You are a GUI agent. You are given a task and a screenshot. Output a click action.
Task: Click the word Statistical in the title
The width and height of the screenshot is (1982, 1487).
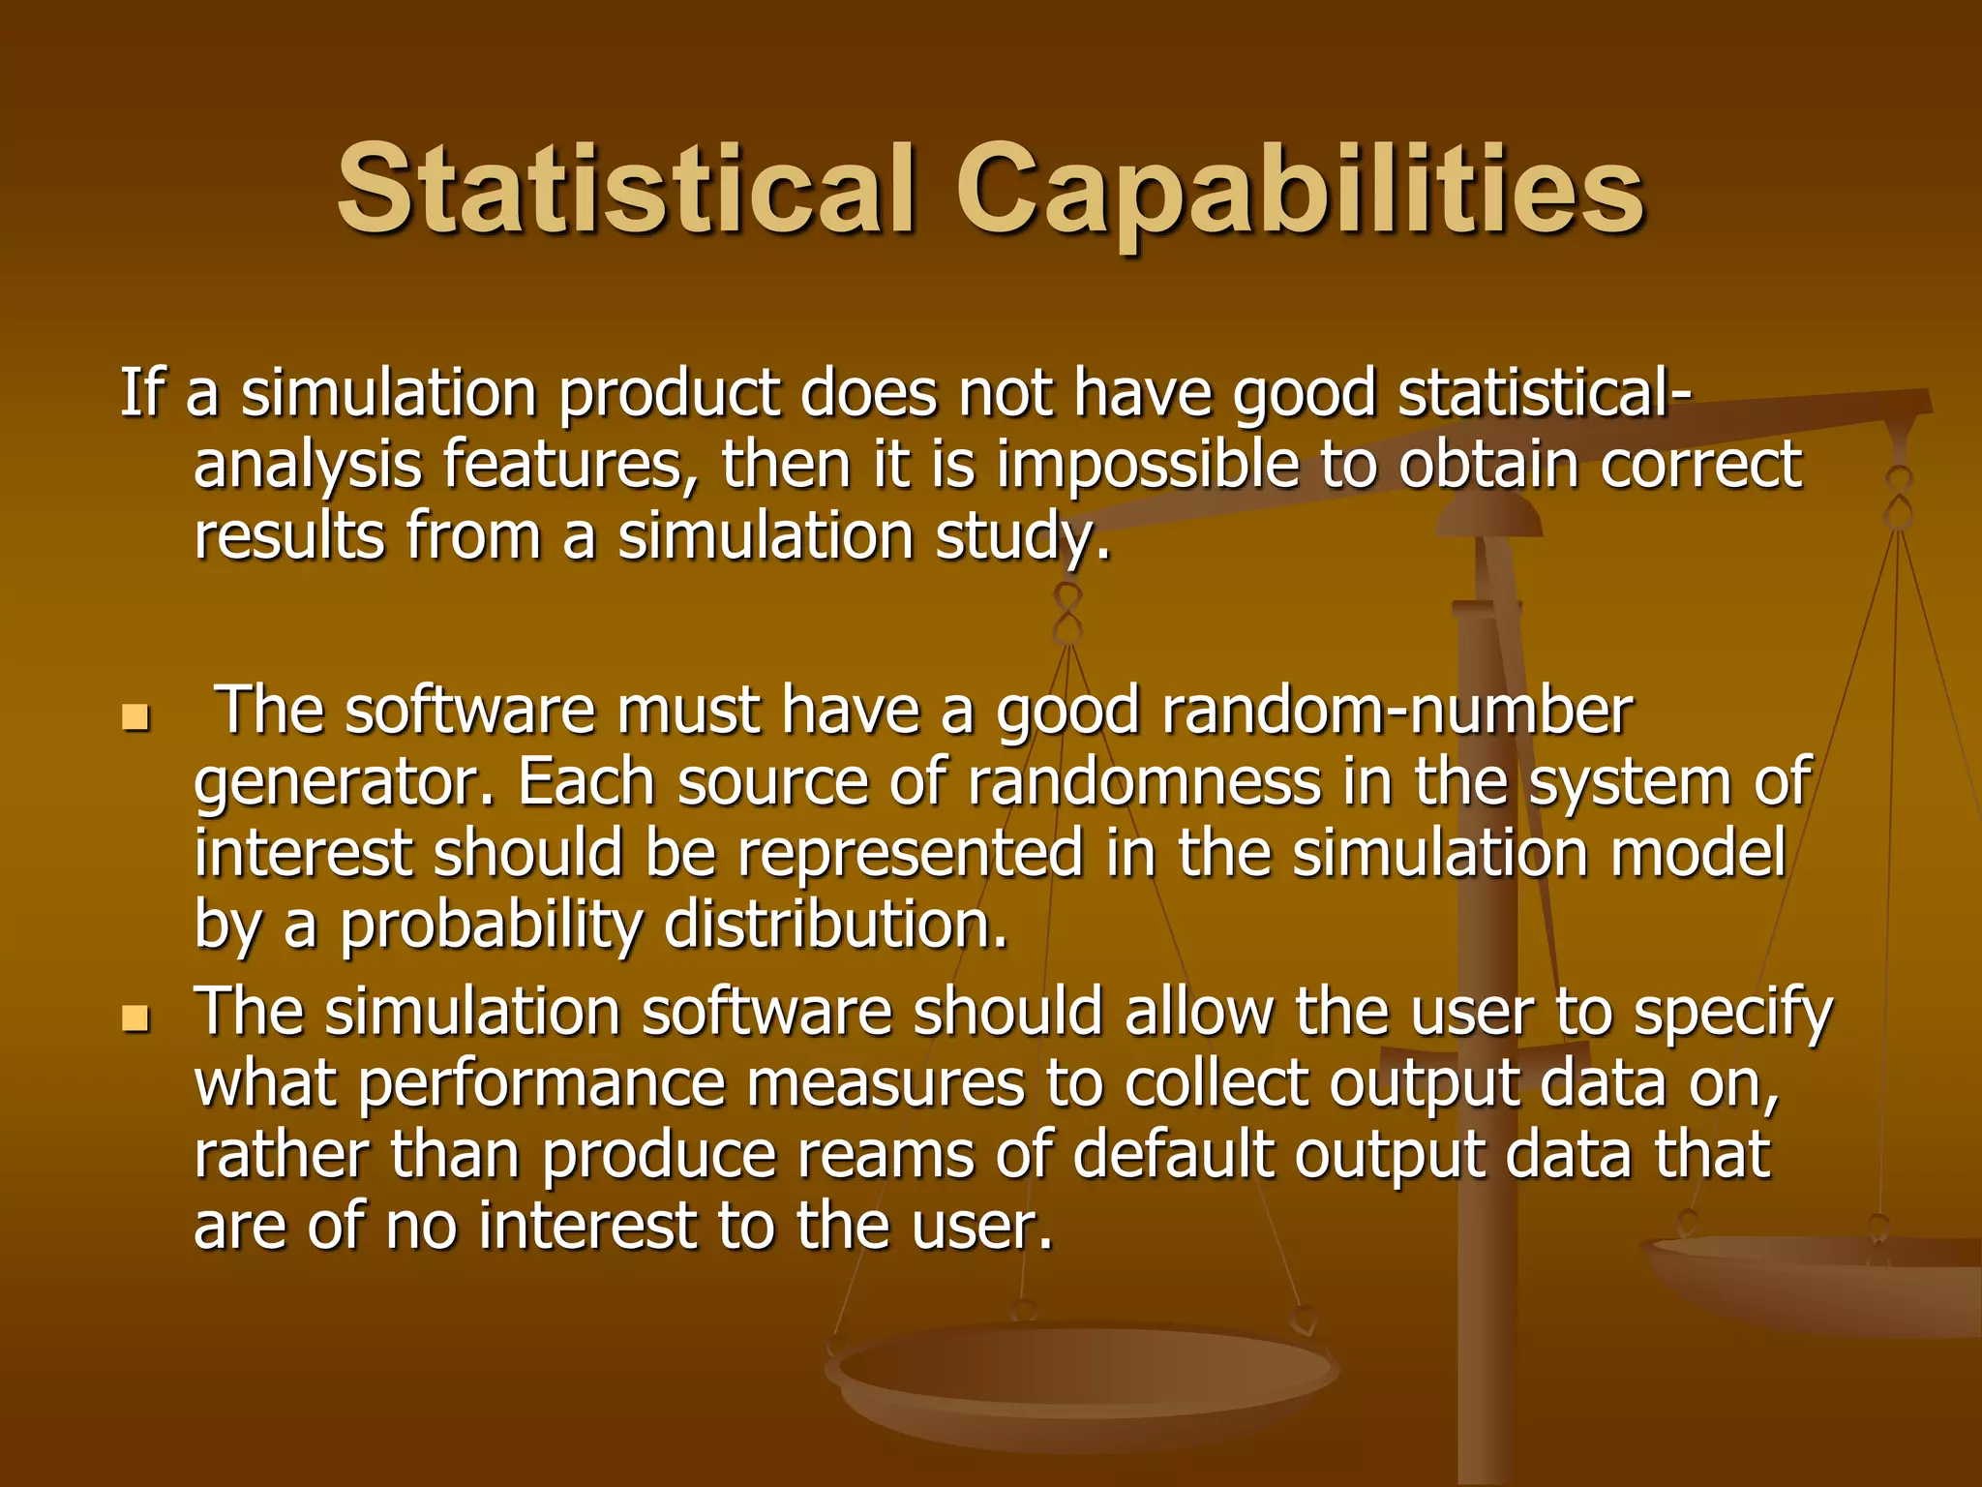[625, 189]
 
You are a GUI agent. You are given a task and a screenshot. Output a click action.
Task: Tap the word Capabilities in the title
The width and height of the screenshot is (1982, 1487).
[1300, 191]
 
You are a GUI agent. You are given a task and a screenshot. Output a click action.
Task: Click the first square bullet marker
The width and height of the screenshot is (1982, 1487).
[135, 718]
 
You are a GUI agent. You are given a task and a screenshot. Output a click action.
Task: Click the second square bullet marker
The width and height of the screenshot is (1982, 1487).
[135, 1018]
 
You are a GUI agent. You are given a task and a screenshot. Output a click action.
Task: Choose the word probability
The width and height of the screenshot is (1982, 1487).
[491, 925]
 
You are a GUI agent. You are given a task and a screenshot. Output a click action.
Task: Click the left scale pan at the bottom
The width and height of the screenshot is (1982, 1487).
[1082, 1375]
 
